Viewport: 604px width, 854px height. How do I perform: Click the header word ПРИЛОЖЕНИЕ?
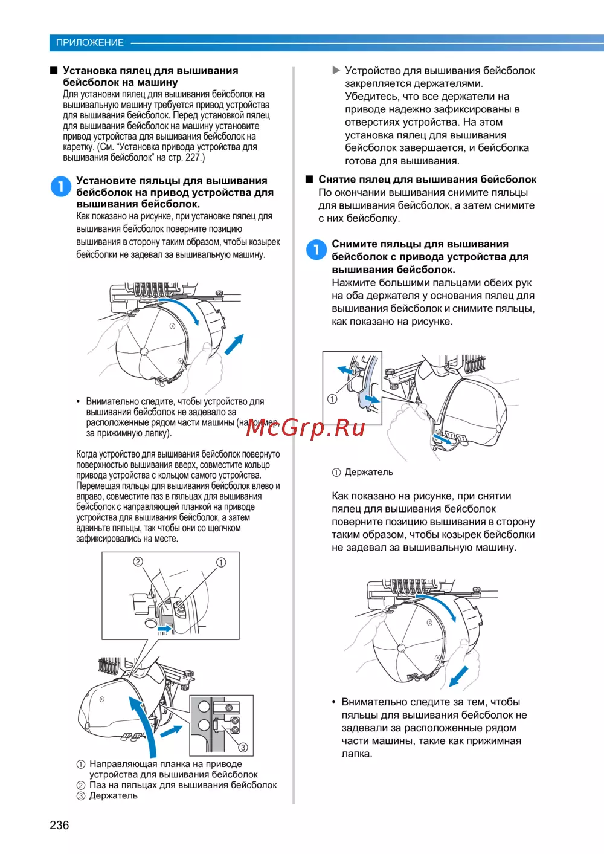tap(89, 42)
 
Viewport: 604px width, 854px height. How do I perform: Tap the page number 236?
tap(59, 825)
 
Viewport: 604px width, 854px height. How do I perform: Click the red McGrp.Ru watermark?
tap(306, 427)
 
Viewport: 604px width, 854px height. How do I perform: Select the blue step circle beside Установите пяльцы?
tap(61, 186)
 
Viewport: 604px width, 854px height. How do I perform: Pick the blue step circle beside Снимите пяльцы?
tap(316, 250)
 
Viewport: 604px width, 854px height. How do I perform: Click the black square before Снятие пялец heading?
tap(309, 180)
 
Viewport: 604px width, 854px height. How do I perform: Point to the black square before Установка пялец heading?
tap(54, 71)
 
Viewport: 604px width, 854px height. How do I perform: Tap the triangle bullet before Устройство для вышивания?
tap(336, 71)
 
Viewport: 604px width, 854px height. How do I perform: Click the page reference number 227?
tap(193, 157)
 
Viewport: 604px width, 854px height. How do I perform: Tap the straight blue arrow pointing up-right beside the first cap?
tap(234, 344)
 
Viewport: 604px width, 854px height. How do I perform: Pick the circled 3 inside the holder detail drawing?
tap(243, 747)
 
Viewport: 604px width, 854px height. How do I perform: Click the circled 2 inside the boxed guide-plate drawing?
tap(138, 561)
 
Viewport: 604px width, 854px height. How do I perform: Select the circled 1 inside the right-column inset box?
tap(332, 399)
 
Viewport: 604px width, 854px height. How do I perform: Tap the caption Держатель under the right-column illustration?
tap(368, 472)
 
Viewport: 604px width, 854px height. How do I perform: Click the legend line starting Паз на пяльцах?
tap(183, 785)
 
